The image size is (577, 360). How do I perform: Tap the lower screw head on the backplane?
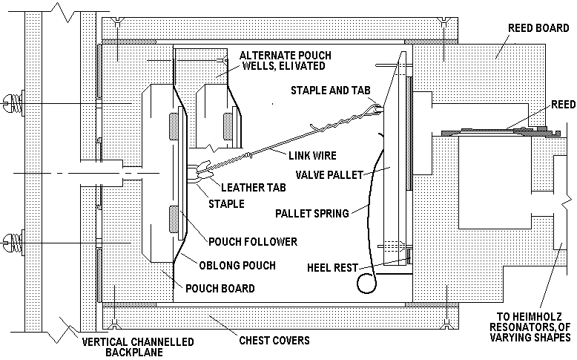tap(10, 240)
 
